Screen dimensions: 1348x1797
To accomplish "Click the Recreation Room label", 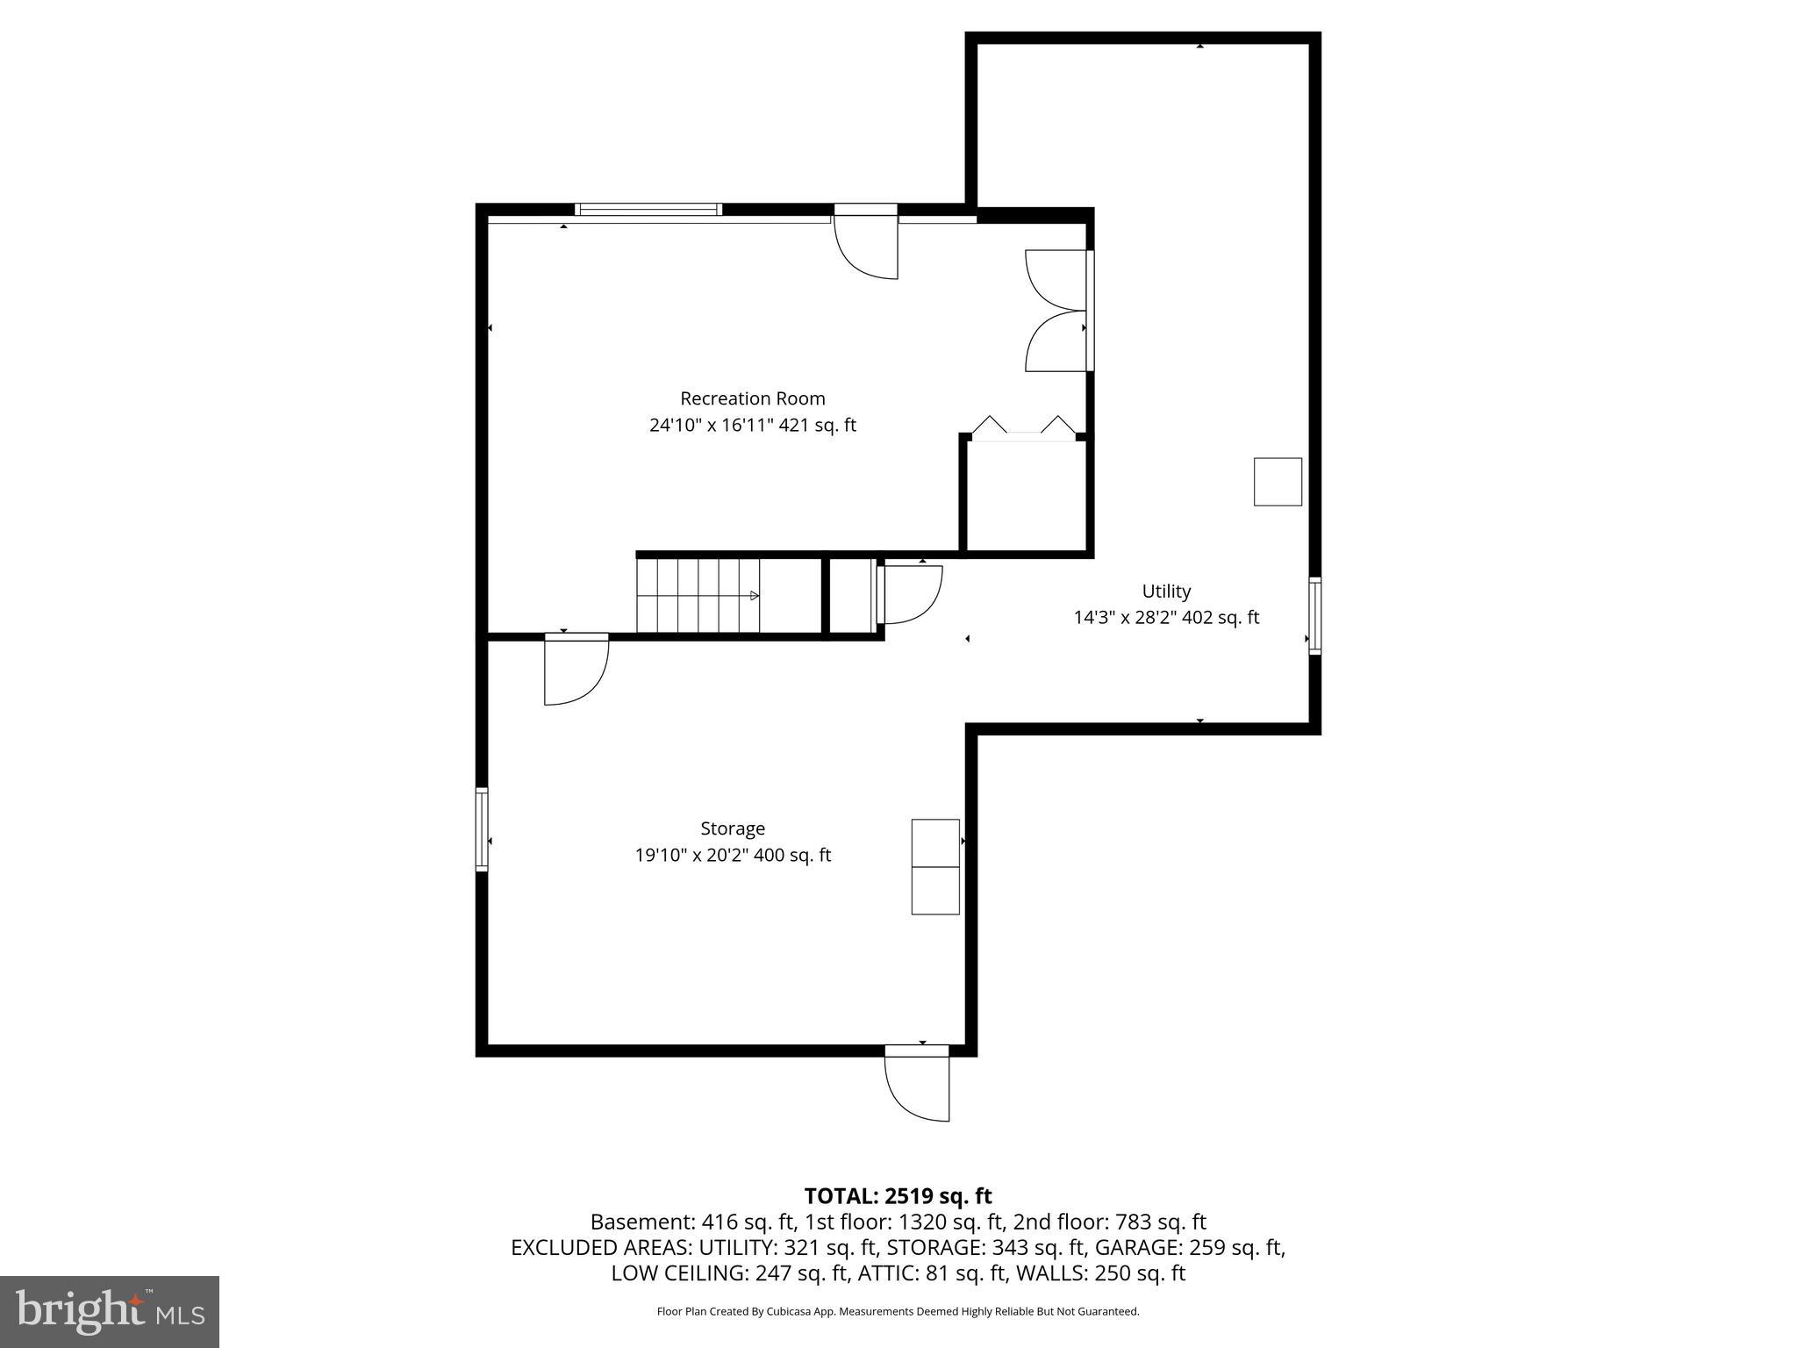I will (x=752, y=398).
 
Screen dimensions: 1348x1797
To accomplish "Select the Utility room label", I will (x=1165, y=591).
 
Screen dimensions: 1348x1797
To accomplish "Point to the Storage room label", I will (x=733, y=828).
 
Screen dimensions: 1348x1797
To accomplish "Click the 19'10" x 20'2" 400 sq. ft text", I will (x=733, y=855).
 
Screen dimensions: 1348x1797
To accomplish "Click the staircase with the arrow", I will (x=698, y=595).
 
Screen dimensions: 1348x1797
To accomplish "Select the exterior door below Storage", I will (x=917, y=1084).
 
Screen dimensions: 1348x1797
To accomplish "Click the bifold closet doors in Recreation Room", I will (x=1023, y=427).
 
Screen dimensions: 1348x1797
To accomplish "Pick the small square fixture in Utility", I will (x=1278, y=482).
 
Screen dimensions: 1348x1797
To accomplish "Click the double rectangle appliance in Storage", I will (x=935, y=867).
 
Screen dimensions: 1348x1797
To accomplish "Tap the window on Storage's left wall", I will (x=482, y=829).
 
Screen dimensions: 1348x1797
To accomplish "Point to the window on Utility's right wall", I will (x=1314, y=615).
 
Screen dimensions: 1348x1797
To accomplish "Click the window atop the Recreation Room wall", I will (x=648, y=209).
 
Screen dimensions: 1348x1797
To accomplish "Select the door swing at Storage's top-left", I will (x=576, y=670).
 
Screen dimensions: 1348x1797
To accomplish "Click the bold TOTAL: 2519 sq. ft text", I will (x=898, y=1196).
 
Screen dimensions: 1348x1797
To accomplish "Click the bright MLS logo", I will (x=110, y=1311).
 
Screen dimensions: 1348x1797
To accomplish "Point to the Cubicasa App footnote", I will (x=898, y=1311).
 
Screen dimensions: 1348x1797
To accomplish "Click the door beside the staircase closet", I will (x=909, y=594).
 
